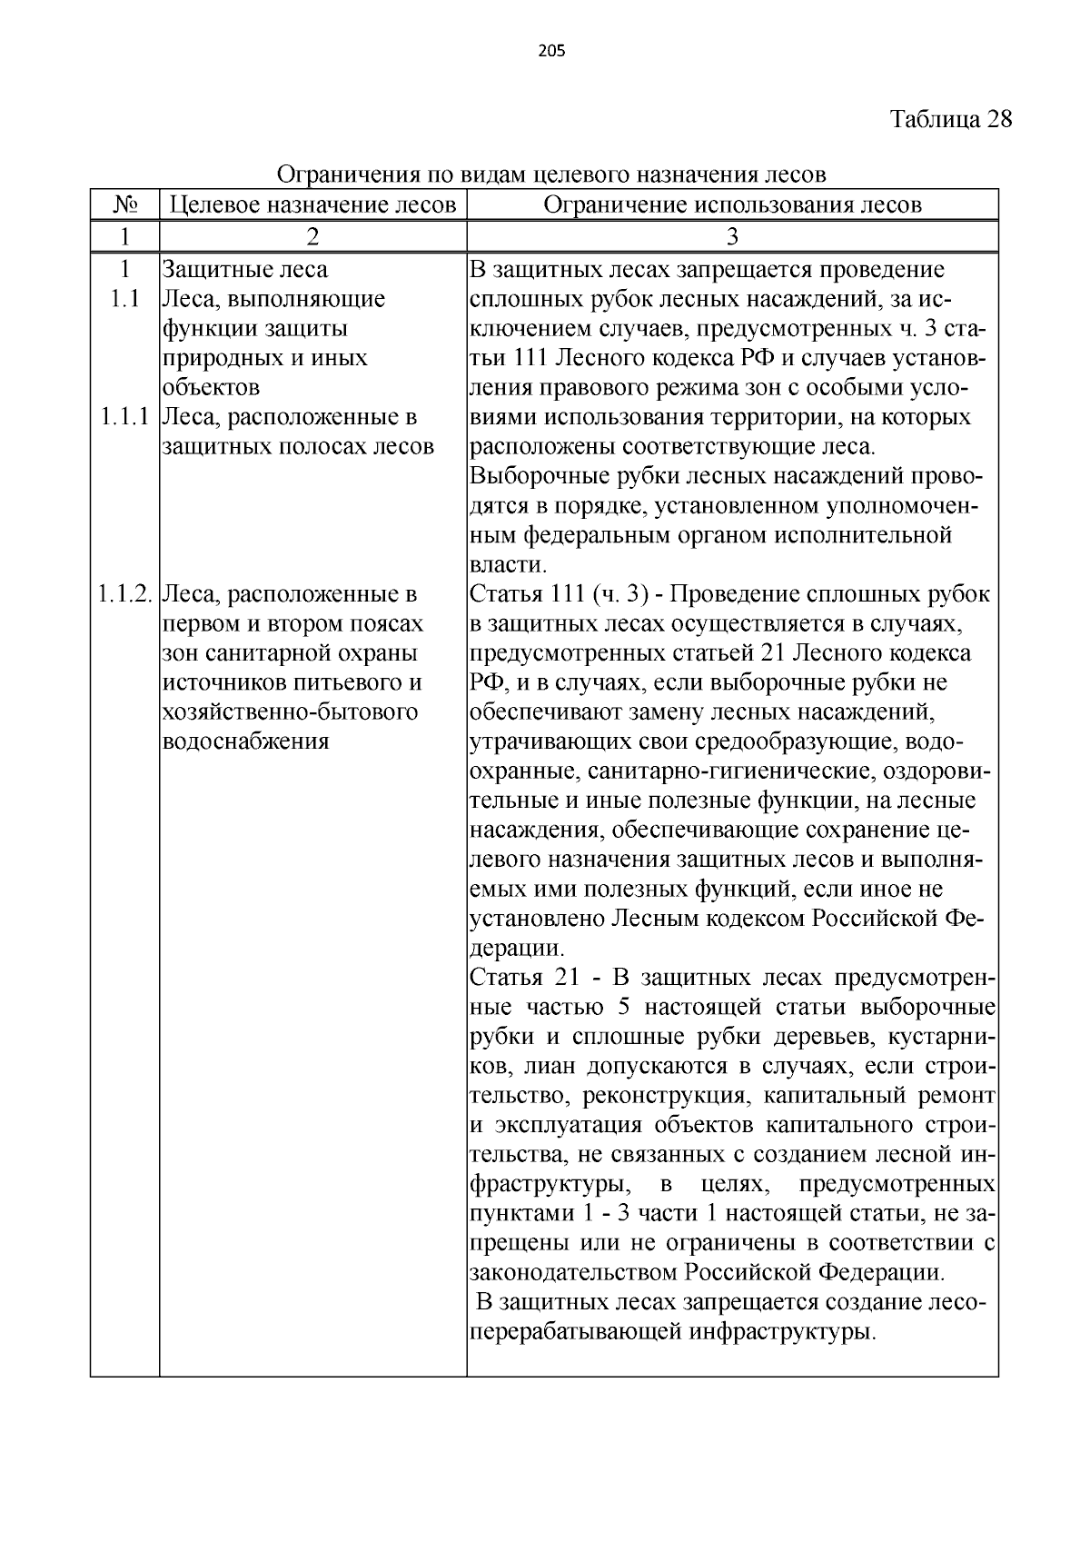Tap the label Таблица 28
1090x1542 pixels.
[x=950, y=119]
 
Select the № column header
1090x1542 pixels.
[x=124, y=204]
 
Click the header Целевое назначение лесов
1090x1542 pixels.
[x=312, y=204]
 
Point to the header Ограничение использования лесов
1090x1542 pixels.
[x=732, y=204]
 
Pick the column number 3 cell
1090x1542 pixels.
[x=732, y=237]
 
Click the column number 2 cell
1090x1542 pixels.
[x=312, y=237]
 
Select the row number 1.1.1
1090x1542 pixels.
[x=124, y=417]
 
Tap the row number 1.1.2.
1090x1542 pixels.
[x=125, y=594]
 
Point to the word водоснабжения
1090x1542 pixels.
[x=245, y=741]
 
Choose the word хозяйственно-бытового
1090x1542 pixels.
[x=291, y=711]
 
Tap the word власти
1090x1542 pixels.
[x=507, y=565]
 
